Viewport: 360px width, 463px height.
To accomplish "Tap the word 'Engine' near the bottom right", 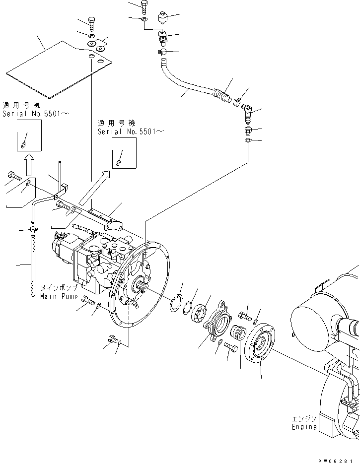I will (304, 427).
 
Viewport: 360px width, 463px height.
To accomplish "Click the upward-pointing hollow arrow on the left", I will (29, 164).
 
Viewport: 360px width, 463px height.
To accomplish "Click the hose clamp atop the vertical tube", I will (34, 229).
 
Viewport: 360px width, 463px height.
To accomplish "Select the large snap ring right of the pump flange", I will (175, 304).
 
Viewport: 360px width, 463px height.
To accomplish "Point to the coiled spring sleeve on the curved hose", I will (222, 95).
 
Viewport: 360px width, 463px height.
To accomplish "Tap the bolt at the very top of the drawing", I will (144, 6).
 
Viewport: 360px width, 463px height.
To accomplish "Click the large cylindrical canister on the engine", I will (313, 318).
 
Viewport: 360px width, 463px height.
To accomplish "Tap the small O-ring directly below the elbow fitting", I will (248, 141).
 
